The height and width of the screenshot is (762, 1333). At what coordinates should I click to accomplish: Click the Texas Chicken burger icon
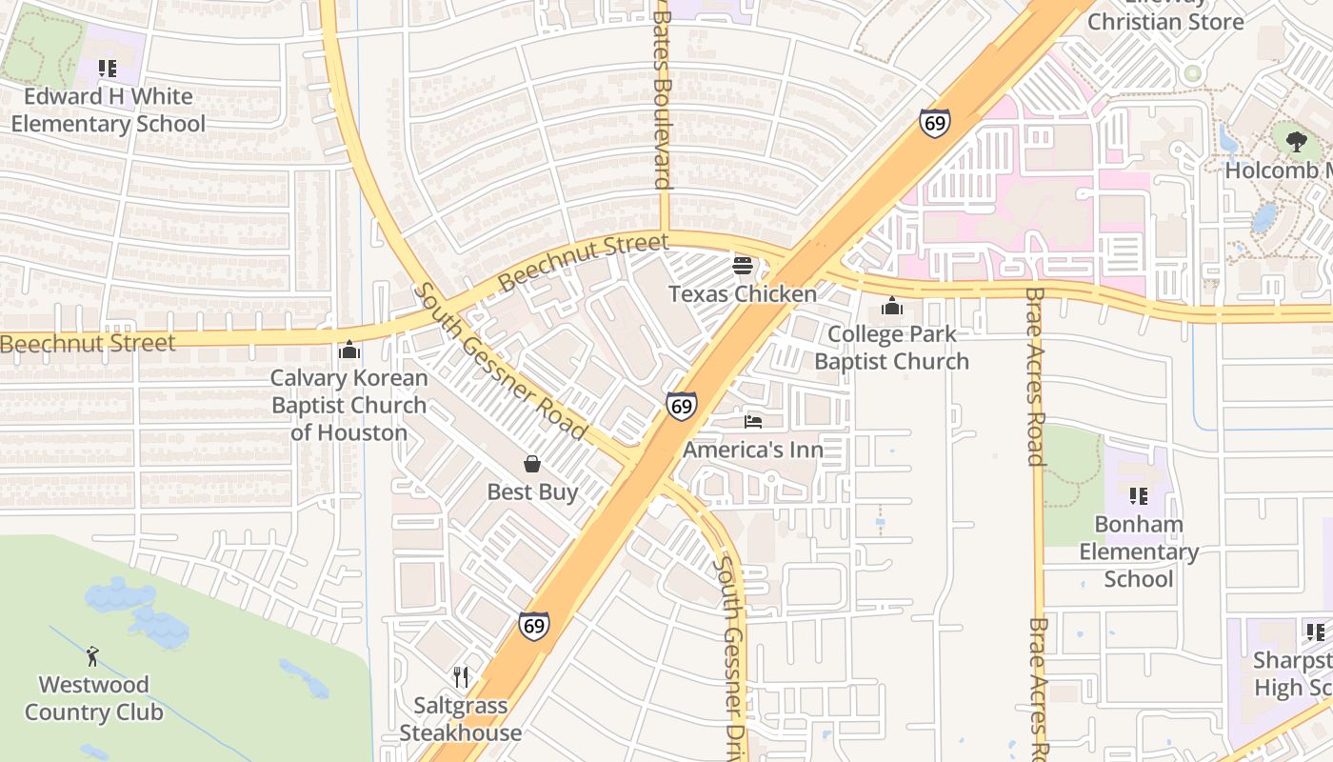(x=743, y=265)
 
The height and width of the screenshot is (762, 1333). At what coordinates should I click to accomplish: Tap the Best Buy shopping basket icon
(x=532, y=464)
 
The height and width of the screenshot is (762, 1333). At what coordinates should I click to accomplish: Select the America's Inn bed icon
(x=753, y=421)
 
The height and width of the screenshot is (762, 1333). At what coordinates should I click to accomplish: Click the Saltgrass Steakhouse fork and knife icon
(x=461, y=677)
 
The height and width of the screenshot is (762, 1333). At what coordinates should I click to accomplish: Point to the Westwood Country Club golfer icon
(x=92, y=656)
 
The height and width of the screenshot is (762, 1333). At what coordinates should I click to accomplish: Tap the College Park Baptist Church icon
(x=891, y=306)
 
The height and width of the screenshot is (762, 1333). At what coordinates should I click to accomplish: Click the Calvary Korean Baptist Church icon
(x=348, y=351)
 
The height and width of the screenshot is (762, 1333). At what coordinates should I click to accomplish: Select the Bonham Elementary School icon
(x=1138, y=496)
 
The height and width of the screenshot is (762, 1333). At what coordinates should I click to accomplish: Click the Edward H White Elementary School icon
(x=108, y=69)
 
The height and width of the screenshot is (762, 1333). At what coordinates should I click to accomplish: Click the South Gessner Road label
(x=501, y=362)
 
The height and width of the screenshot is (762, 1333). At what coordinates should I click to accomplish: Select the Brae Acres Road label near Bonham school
(x=1036, y=376)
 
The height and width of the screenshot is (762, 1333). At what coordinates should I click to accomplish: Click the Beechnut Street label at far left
(x=88, y=343)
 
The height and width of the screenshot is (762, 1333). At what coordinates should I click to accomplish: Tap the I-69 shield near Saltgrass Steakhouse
(x=534, y=626)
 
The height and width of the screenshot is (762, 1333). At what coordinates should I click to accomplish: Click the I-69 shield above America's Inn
(x=681, y=407)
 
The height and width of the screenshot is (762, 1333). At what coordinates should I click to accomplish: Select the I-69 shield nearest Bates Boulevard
(x=934, y=123)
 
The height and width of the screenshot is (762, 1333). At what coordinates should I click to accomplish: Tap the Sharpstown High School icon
(x=1315, y=632)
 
